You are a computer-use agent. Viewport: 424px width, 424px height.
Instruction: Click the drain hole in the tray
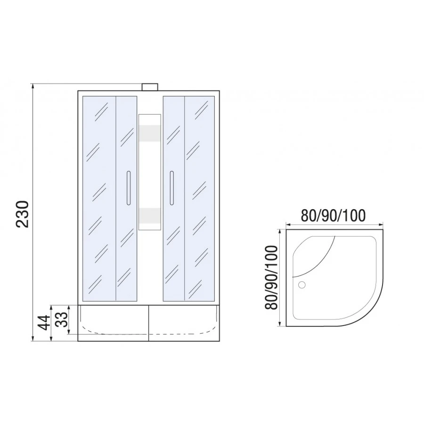302,284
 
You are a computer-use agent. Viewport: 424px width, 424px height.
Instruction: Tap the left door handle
127,189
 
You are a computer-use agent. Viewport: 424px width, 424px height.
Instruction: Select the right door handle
172,189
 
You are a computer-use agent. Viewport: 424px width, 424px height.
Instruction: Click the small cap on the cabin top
150,87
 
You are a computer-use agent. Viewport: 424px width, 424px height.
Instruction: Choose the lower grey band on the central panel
149,214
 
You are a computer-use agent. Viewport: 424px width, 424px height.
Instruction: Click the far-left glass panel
99,198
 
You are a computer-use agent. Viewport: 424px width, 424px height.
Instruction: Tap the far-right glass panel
200,198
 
